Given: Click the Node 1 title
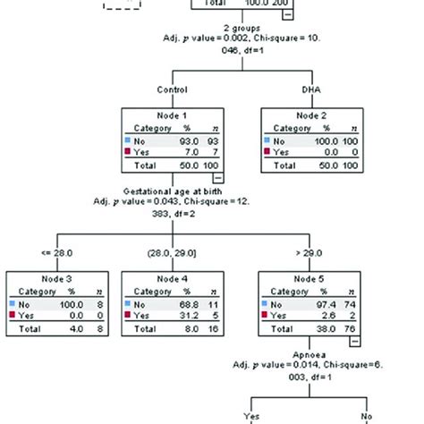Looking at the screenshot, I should [x=172, y=116].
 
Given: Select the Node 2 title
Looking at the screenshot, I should [x=310, y=116].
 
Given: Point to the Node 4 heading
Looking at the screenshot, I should [x=172, y=278].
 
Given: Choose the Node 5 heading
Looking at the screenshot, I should [x=310, y=278].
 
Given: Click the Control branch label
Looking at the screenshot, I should [x=172, y=89].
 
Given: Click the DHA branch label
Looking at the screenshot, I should [x=310, y=89].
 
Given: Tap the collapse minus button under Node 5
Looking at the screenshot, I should [x=354, y=342].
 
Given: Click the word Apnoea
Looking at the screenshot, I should [x=310, y=354].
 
